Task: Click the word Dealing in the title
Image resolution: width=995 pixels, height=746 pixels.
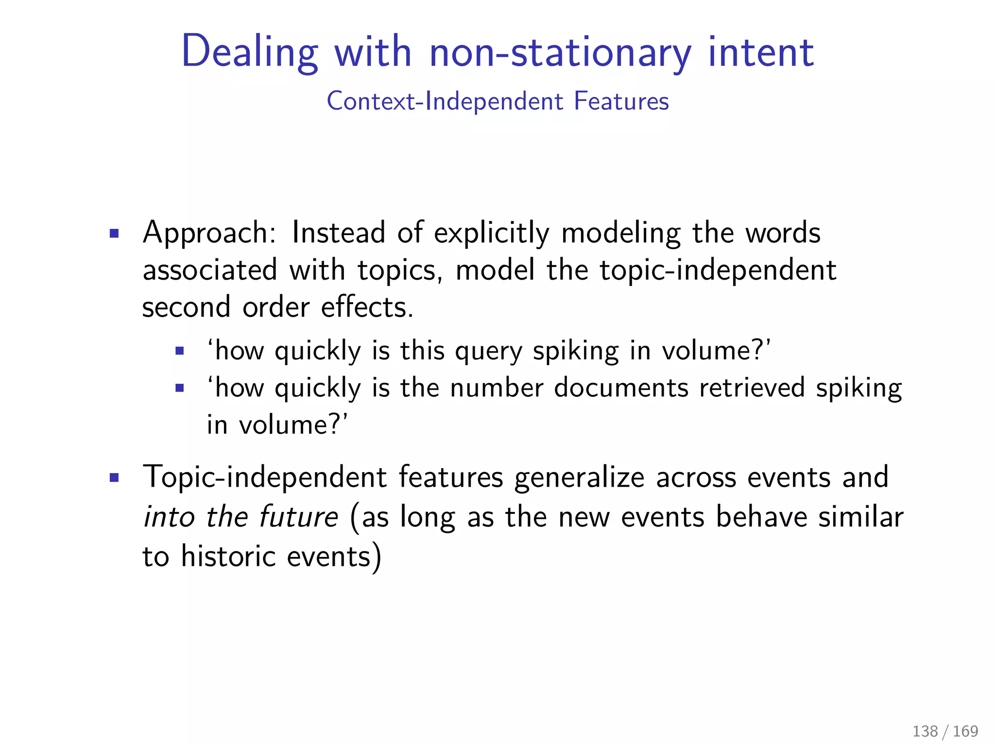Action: point(249,52)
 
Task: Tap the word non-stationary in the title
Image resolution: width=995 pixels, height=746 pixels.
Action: point(560,52)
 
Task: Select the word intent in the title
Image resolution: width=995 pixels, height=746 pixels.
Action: point(761,52)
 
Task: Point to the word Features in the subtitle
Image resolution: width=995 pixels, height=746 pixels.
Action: point(621,102)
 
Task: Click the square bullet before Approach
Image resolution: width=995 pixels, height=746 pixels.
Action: point(114,234)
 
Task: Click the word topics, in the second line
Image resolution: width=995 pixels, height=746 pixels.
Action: point(400,271)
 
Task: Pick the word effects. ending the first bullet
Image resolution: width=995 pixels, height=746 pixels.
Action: point(367,307)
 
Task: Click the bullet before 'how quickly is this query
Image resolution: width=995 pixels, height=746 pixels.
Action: point(180,351)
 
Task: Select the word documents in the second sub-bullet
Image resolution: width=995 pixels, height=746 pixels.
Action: point(621,388)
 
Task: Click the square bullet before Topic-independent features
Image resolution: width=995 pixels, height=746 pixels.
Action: point(114,478)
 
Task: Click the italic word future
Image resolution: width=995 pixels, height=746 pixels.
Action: point(298,517)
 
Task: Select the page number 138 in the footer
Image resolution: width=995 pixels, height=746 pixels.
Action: point(925,731)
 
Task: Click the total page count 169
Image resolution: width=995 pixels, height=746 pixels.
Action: point(965,731)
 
